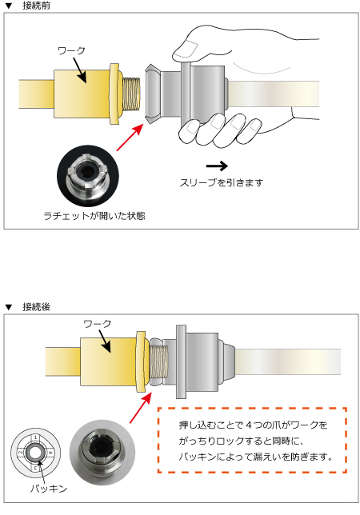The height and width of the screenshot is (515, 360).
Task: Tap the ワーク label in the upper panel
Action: (71, 50)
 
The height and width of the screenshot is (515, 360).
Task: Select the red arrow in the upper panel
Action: (131, 136)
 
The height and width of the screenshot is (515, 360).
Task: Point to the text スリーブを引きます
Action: (222, 183)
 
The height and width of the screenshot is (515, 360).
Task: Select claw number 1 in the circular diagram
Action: (36, 437)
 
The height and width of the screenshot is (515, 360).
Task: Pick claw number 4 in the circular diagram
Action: (50, 452)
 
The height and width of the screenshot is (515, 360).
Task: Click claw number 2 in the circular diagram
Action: (20, 452)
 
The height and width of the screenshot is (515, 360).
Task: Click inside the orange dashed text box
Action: (250, 442)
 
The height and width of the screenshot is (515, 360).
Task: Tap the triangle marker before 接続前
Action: (9, 6)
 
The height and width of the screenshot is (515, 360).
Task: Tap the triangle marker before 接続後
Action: (9, 307)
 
